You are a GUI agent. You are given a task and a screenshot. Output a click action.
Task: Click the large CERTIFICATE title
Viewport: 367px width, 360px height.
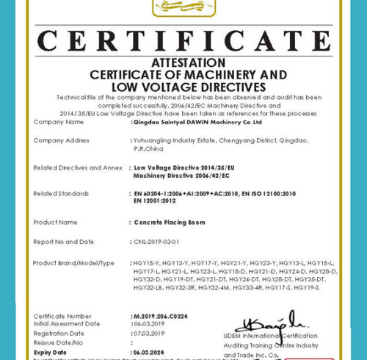click(183, 42)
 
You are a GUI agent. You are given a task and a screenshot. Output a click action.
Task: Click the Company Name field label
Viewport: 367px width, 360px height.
click(59, 122)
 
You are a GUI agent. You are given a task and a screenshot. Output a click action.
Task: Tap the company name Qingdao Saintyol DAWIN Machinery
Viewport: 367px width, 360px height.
click(198, 123)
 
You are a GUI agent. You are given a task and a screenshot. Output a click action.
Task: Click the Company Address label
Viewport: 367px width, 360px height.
click(62, 140)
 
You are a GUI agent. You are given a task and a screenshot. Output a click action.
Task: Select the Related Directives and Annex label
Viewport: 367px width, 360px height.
click(78, 168)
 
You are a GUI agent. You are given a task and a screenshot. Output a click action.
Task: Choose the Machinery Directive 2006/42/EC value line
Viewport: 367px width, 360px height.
click(182, 176)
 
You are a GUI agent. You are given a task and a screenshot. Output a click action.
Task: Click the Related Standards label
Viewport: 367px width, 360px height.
click(61, 193)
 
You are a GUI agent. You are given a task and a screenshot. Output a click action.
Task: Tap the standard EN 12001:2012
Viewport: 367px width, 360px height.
click(155, 201)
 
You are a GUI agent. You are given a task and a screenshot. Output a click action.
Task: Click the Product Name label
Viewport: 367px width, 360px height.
click(56, 222)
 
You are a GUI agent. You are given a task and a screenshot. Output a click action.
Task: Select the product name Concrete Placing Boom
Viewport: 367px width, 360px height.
click(170, 222)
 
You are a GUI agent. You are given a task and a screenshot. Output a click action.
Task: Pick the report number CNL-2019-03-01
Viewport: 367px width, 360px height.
click(156, 242)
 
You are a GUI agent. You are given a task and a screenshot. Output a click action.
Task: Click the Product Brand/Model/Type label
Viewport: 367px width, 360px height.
click(74, 263)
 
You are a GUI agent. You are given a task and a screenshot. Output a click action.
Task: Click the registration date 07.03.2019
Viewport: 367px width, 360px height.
click(148, 333)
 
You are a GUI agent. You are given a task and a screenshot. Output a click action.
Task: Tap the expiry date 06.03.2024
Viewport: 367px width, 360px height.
click(148, 352)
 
